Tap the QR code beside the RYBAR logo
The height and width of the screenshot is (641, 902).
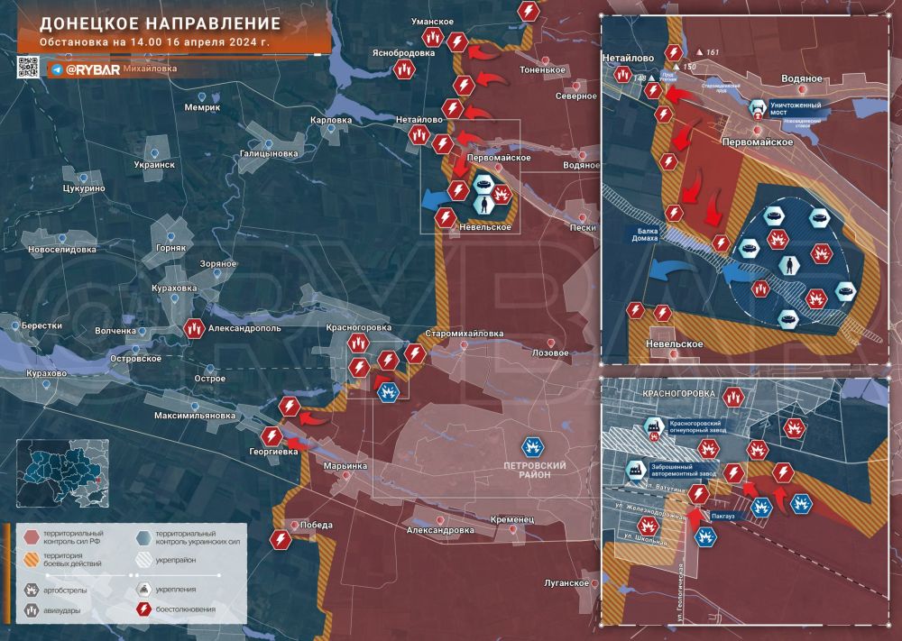(x=29, y=67)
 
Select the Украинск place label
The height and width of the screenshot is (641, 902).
(x=154, y=165)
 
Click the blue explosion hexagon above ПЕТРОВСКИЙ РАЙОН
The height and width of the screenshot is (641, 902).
(x=533, y=445)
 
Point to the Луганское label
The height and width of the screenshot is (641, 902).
(x=566, y=583)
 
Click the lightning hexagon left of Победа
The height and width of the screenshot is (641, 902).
(x=280, y=539)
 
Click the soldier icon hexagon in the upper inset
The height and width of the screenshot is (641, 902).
(x=789, y=264)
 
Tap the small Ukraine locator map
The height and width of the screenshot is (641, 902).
(x=62, y=476)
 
